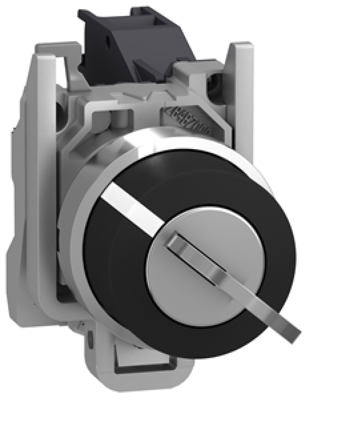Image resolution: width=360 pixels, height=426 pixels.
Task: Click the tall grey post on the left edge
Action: click(x=45, y=133)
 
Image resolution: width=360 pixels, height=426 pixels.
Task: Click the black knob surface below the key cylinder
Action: click(x=186, y=338)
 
